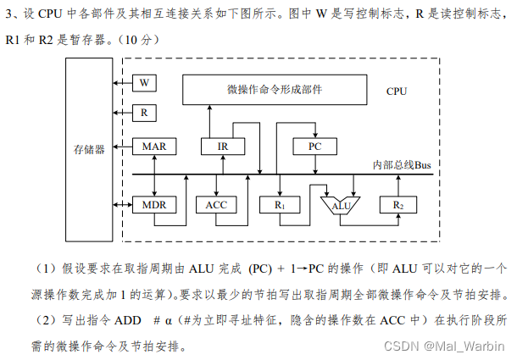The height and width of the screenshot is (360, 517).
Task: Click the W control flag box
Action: pos(144,82)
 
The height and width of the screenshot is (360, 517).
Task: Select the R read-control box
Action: pos(144,112)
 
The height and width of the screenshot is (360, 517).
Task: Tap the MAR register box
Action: pos(154,147)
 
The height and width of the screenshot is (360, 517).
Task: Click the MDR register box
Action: pos(154,206)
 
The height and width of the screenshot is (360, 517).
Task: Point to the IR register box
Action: pos(223,147)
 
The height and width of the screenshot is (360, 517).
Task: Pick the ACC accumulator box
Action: pos(217,206)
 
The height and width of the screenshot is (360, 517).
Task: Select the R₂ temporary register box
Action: pos(397,206)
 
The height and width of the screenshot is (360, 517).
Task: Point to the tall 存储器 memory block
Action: pos(89,149)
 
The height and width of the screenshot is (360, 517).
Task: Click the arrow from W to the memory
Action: pos(123,82)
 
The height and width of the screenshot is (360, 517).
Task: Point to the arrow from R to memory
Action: pos(123,112)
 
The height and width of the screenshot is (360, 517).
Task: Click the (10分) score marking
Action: pos(137,40)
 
